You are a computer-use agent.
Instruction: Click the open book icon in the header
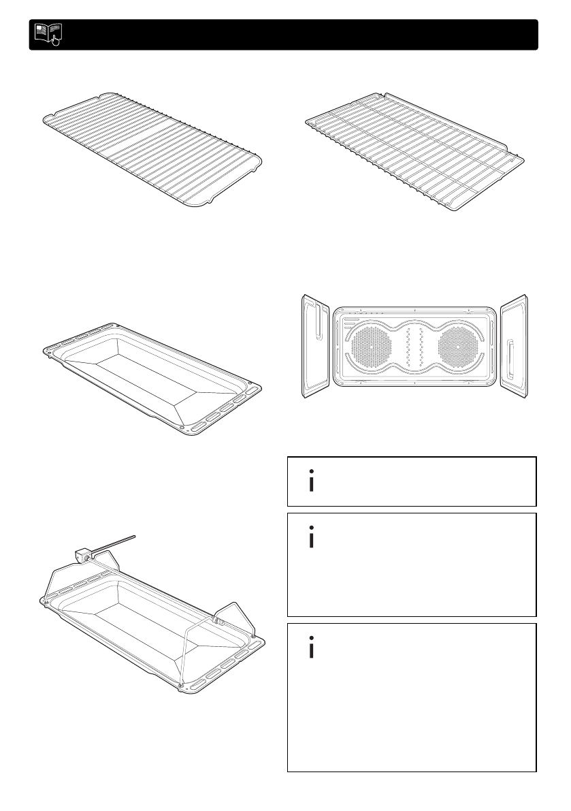click(46, 34)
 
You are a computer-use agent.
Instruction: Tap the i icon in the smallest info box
click(312, 481)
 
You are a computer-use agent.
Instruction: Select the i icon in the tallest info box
click(312, 649)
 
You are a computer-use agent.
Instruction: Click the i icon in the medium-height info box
click(312, 538)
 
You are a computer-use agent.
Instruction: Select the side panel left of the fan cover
click(316, 346)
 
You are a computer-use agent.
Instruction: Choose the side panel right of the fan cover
click(515, 345)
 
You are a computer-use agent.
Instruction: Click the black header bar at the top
click(293, 35)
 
